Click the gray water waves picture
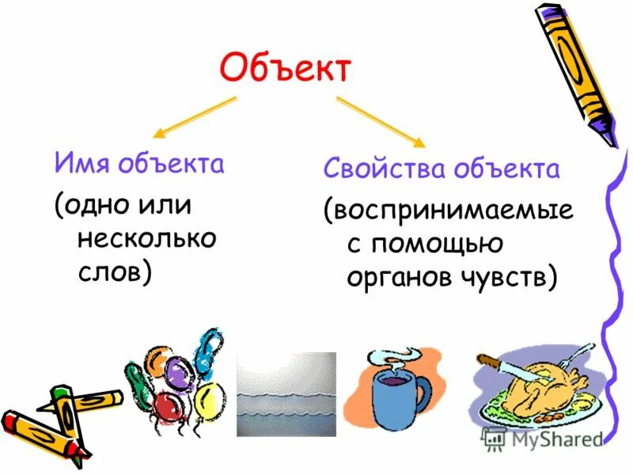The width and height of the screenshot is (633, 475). coord(286,394)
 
